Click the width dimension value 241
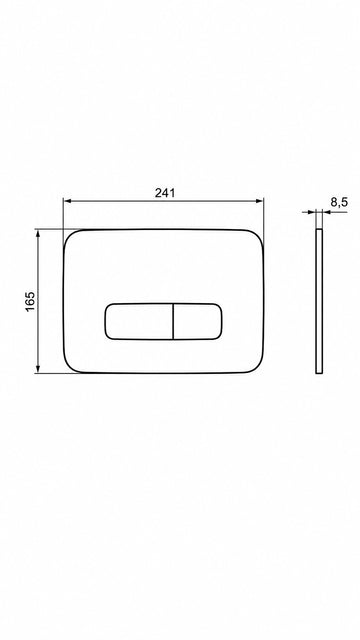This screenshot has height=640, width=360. click(x=165, y=192)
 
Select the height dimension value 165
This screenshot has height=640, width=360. click(x=31, y=301)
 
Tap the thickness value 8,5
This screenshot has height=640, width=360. click(x=339, y=202)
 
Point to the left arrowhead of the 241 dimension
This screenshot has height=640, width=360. click(x=68, y=201)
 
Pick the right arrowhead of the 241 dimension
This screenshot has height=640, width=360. click(x=259, y=201)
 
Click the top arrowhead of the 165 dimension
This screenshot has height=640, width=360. click(x=38, y=234)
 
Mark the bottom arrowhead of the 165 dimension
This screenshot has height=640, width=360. click(x=38, y=368)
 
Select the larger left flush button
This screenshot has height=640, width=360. click(x=139, y=321)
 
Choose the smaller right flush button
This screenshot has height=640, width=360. click(x=198, y=321)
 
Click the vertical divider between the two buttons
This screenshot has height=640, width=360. click(x=173, y=321)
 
